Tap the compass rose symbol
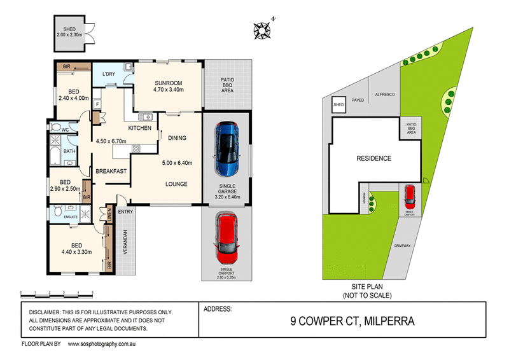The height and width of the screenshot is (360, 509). [261, 29]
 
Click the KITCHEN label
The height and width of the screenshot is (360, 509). [139, 128]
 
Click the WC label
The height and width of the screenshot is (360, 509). [64, 130]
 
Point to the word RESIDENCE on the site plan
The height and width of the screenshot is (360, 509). [373, 158]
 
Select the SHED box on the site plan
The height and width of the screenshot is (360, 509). [338, 104]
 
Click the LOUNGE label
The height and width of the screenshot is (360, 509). [176, 184]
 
